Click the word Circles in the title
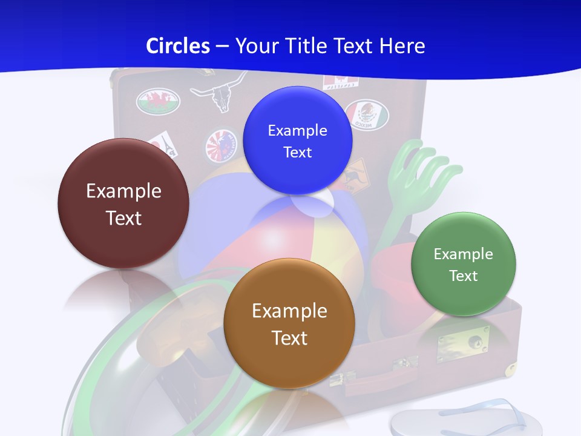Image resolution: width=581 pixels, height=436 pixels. (178, 46)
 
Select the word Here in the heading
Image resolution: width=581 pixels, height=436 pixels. (402, 46)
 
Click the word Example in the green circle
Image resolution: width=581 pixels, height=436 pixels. (464, 254)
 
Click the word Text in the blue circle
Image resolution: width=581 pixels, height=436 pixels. (298, 152)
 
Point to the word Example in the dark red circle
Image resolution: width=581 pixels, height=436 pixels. (123, 191)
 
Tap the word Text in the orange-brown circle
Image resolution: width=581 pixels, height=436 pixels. (289, 337)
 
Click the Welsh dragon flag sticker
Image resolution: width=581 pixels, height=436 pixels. (159, 101)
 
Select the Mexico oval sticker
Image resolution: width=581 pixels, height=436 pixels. (367, 114)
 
